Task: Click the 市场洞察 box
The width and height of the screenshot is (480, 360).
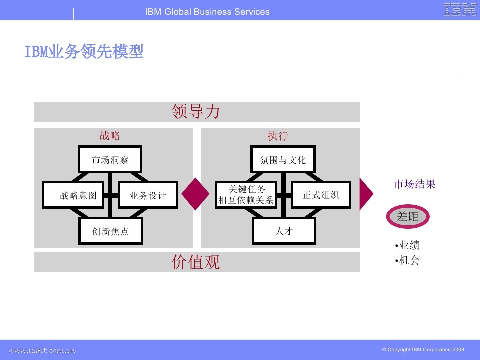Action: [110, 160]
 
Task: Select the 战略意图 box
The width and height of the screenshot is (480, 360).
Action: [73, 195]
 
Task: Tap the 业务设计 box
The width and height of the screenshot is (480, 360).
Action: [148, 195]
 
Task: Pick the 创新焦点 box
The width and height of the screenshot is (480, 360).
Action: [110, 232]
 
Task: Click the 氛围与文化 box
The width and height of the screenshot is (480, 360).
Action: [283, 160]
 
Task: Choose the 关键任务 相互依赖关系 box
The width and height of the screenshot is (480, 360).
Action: [246, 195]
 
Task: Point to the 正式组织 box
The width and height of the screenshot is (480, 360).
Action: [321, 195]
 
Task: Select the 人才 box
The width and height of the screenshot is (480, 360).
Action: [283, 231]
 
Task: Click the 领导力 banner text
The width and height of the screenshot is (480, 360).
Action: [196, 112]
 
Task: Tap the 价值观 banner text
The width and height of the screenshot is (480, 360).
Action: [196, 262]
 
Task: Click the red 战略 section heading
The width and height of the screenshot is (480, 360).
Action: [110, 136]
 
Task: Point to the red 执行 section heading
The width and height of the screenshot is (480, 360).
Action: [278, 136]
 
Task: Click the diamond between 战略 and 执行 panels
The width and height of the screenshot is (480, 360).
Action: [195, 194]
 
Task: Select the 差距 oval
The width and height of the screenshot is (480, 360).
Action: [408, 216]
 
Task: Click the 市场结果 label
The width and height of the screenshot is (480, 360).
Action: [415, 184]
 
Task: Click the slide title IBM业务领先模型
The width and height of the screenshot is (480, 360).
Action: [84, 52]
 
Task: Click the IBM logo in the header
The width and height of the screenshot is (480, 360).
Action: [460, 10]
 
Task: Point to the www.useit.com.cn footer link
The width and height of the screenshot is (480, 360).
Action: [42, 350]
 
